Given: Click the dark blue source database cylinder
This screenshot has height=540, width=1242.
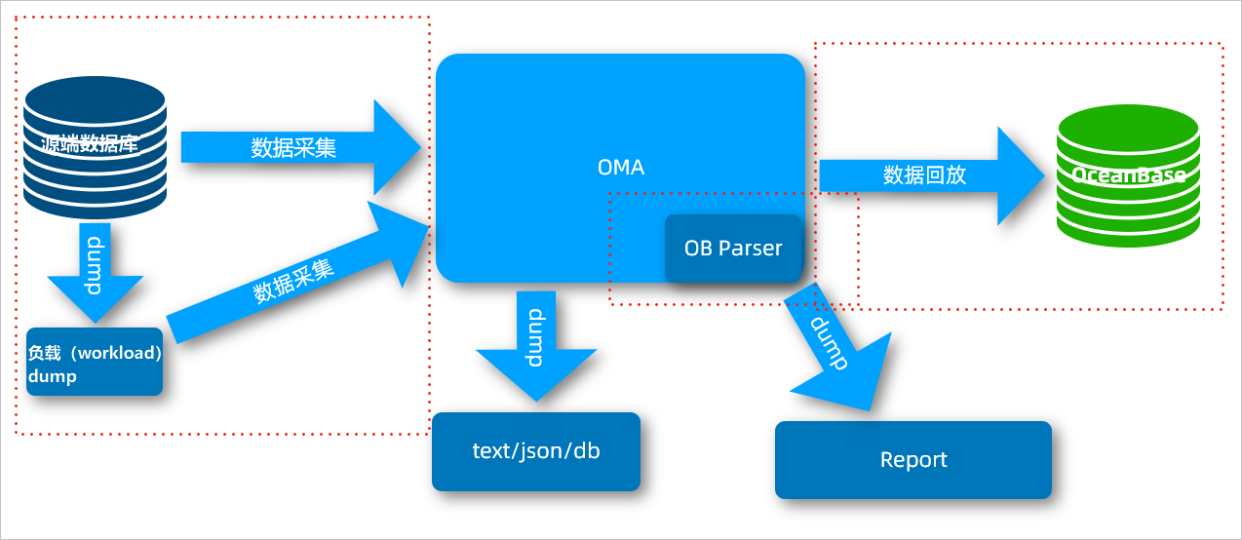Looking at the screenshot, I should click(x=95, y=146).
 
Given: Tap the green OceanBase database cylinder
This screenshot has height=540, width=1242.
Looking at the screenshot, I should click(x=1128, y=176).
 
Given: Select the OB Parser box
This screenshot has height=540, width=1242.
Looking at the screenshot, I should click(x=733, y=249).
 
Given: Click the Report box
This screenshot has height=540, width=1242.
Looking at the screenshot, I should click(x=913, y=460).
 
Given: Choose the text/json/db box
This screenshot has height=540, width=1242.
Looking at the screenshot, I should click(x=535, y=451).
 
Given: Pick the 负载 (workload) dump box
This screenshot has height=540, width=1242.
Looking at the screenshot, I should click(x=95, y=363).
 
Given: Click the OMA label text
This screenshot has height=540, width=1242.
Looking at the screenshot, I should click(x=621, y=168).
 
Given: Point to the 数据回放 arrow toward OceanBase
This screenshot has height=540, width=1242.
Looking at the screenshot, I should click(x=926, y=175).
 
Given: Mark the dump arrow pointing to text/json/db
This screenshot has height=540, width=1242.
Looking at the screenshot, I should click(x=535, y=342).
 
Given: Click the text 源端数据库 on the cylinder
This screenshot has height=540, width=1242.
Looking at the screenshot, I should click(x=90, y=145).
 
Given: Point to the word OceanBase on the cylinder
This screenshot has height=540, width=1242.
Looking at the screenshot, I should click(x=1128, y=175).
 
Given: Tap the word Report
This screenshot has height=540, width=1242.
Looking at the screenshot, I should click(x=913, y=460).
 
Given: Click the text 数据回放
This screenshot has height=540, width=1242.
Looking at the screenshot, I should click(x=924, y=175).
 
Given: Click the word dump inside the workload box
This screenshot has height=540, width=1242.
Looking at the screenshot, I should click(x=53, y=376).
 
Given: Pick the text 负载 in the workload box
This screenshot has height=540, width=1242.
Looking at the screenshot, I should click(x=44, y=353).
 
